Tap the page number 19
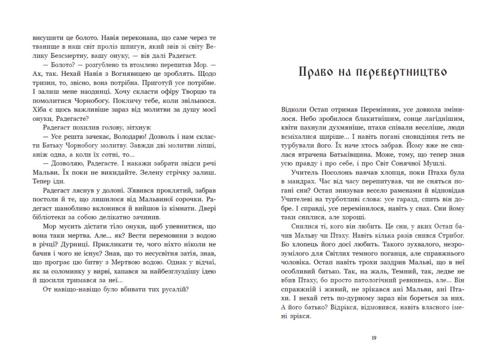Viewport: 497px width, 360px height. (x=373, y=338)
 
